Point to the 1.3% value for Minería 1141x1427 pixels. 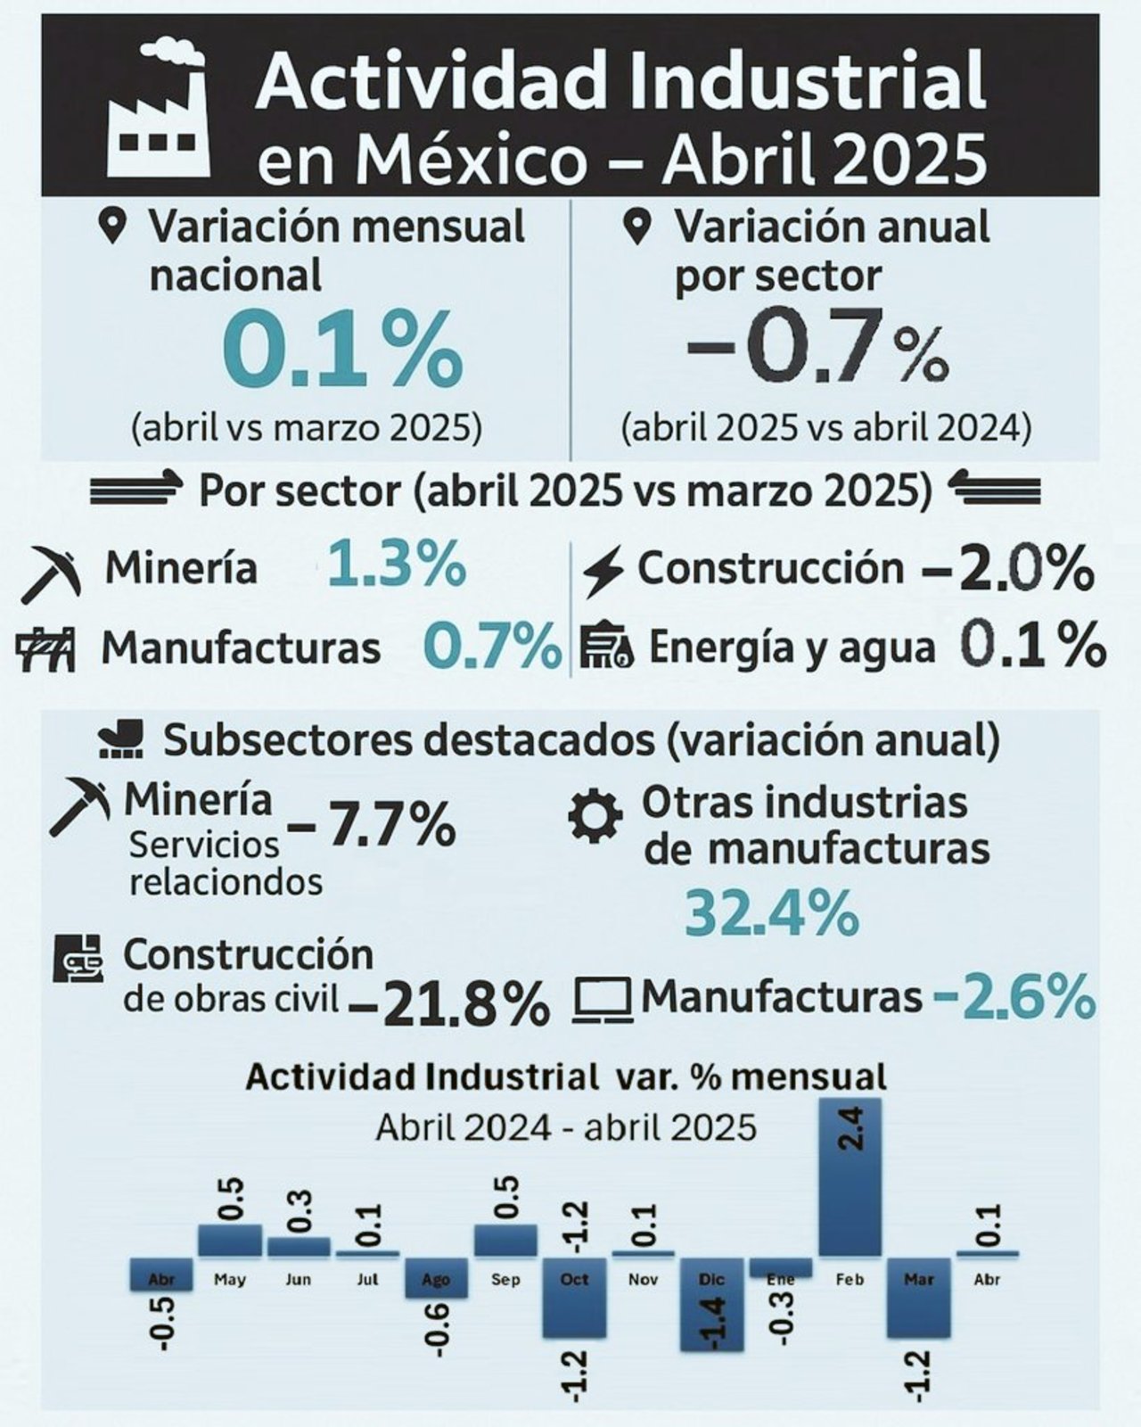pos(397,565)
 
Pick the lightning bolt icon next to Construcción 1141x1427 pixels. pos(603,572)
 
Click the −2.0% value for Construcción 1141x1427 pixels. pos(1008,569)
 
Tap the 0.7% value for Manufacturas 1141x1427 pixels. pos(492,647)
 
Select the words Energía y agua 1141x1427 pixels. pos(792,648)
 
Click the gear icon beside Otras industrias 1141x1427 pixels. pos(595,816)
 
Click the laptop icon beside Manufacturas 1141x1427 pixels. pos(603,999)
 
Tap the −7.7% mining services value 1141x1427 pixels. pos(372,825)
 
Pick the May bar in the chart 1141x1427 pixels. pos(230,1241)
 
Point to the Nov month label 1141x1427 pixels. pos(643,1280)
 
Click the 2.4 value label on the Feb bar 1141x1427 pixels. pos(854,1127)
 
